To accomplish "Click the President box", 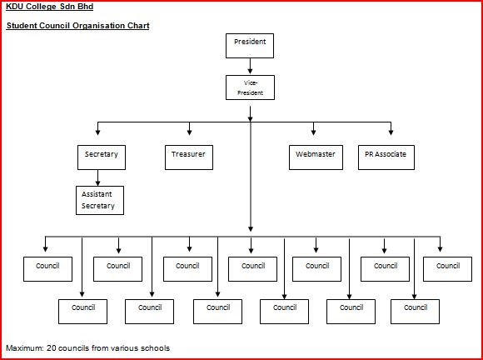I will (x=250, y=45).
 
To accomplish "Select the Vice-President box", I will (x=250, y=87).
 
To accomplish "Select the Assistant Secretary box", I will (x=99, y=200).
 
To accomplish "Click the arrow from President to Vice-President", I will (x=250, y=67).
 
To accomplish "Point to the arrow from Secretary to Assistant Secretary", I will (x=99, y=177).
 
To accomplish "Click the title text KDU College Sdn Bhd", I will (x=49, y=7).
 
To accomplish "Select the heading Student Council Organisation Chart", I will (x=77, y=26).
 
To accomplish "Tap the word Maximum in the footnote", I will (x=24, y=347).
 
